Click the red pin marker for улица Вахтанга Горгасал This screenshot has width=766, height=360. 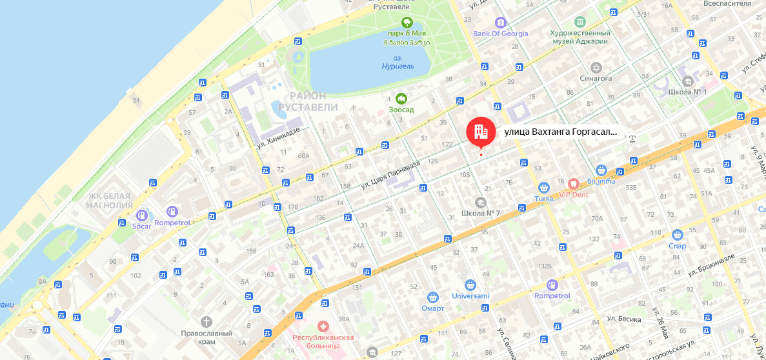481,132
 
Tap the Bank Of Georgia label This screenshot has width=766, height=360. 500,34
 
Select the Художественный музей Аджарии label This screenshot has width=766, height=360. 580,37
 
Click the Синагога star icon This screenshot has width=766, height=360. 596,67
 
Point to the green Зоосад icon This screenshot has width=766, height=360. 401,99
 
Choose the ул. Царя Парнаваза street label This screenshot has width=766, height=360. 390,174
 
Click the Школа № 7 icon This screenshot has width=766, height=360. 481,203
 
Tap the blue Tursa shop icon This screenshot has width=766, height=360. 544,188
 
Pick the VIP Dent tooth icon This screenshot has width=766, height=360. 570,183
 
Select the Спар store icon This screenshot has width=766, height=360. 677,235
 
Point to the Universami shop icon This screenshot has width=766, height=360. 470,285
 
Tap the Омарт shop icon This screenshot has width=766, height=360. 433,297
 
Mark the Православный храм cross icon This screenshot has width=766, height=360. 206,321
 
